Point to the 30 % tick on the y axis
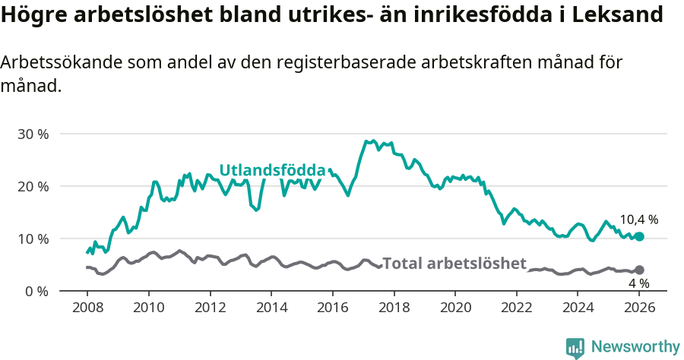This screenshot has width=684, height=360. click(33, 134)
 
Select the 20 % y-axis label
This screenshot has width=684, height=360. click(33, 186)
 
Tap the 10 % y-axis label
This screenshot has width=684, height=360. click(33, 238)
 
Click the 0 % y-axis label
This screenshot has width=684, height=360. click(36, 291)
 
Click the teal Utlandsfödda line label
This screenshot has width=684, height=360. click(272, 170)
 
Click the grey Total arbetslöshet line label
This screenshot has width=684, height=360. click(454, 264)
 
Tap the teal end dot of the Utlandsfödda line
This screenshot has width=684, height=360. click(640, 237)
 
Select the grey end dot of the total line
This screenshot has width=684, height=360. click(640, 270)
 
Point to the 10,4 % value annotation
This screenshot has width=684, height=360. click(638, 219)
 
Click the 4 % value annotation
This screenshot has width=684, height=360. click(638, 283)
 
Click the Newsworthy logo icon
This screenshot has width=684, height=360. click(575, 347)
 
